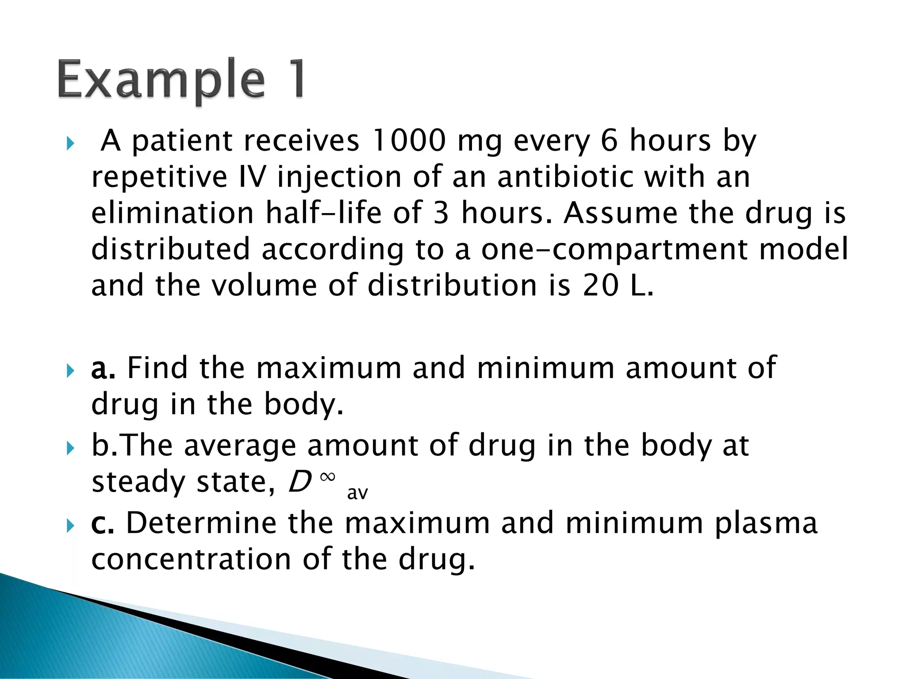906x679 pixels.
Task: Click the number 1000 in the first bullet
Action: tap(408, 141)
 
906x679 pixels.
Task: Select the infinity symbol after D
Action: tap(328, 477)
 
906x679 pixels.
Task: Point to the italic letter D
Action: tap(300, 481)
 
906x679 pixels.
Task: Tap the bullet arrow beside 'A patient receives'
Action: tap(70, 143)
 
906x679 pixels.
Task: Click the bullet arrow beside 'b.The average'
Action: tap(70, 448)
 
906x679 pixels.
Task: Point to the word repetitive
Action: tap(159, 177)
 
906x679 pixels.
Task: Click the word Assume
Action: tap(620, 213)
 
